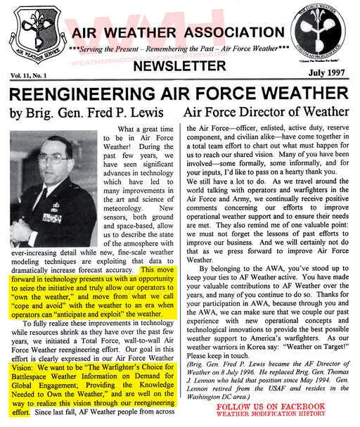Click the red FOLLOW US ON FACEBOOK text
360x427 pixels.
tap(271, 407)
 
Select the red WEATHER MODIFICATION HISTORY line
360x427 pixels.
tap(271, 414)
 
